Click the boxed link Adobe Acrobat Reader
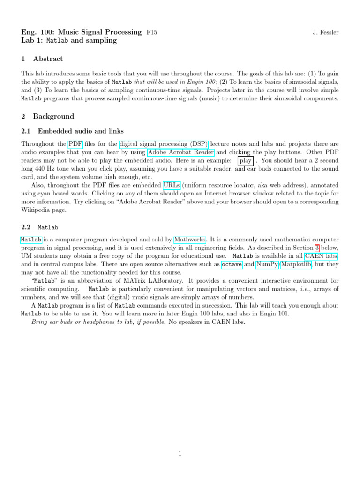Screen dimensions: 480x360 (181, 152)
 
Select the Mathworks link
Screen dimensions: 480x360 (190, 239)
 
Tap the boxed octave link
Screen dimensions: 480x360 (232, 264)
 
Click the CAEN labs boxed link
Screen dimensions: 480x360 (321, 256)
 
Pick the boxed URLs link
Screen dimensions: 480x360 (172, 185)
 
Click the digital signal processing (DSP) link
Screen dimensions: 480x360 (165, 143)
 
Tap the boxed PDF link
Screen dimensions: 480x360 (75, 143)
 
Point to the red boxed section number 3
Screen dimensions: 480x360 (317, 247)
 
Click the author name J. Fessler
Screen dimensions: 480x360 (325, 32)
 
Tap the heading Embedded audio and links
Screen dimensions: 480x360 (81, 131)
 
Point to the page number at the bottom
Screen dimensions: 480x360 (180, 454)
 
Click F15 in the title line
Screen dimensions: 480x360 (152, 32)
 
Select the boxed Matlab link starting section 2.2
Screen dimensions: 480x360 (31, 240)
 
